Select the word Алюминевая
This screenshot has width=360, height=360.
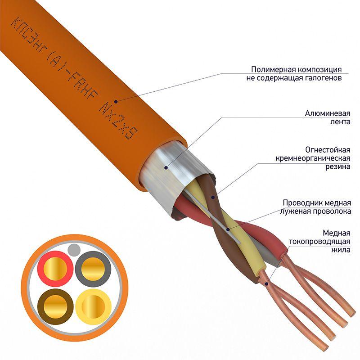(x=328, y=113)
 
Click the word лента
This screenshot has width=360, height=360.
(x=340, y=121)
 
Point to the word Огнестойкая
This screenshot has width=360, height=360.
(x=328, y=150)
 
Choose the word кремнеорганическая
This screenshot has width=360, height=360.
(x=313, y=158)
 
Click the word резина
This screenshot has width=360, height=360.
(x=338, y=166)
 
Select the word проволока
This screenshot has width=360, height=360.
(x=332, y=211)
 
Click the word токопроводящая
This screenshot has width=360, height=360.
(x=319, y=242)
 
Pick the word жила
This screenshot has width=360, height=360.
(x=341, y=250)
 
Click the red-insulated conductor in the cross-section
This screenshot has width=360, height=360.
(x=55, y=268)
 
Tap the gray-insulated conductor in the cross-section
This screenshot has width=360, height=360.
(x=93, y=269)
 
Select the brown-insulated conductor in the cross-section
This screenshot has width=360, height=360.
(x=55, y=307)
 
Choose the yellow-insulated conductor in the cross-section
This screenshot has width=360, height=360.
(x=93, y=307)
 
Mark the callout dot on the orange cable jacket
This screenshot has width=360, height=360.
(x=116, y=102)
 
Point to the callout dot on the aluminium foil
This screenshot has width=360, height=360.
(x=166, y=167)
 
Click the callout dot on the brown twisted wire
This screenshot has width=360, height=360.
(x=213, y=197)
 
